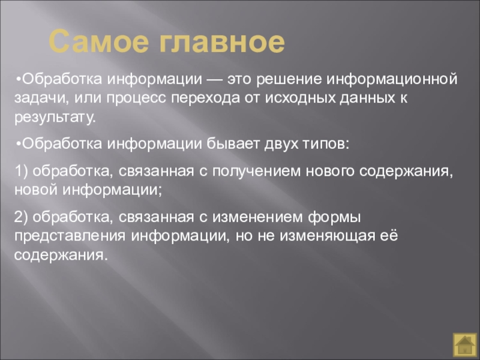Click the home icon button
pyautogui.click(x=464, y=344)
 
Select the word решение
pyautogui.click(x=289, y=79)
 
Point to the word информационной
pyautogui.click(x=392, y=79)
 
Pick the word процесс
pyautogui.click(x=136, y=98)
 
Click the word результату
pyautogui.click(x=55, y=118)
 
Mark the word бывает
pyautogui.click(x=233, y=144)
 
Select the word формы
pyautogui.click(x=335, y=218)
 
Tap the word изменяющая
pyautogui.click(x=327, y=236)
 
